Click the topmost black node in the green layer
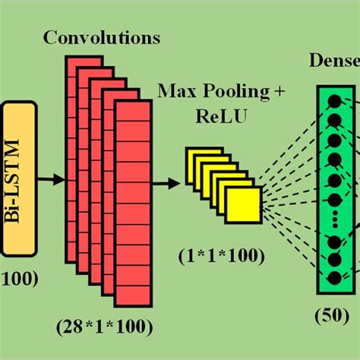tap(333, 101)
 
